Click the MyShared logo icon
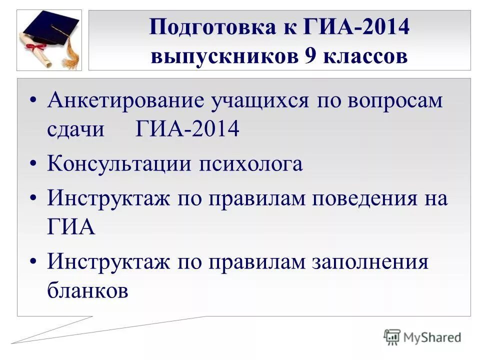pyautogui.click(x=392, y=336)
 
